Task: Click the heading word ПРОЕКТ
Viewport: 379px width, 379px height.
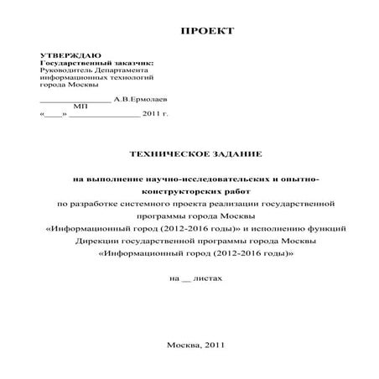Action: tap(207, 31)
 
